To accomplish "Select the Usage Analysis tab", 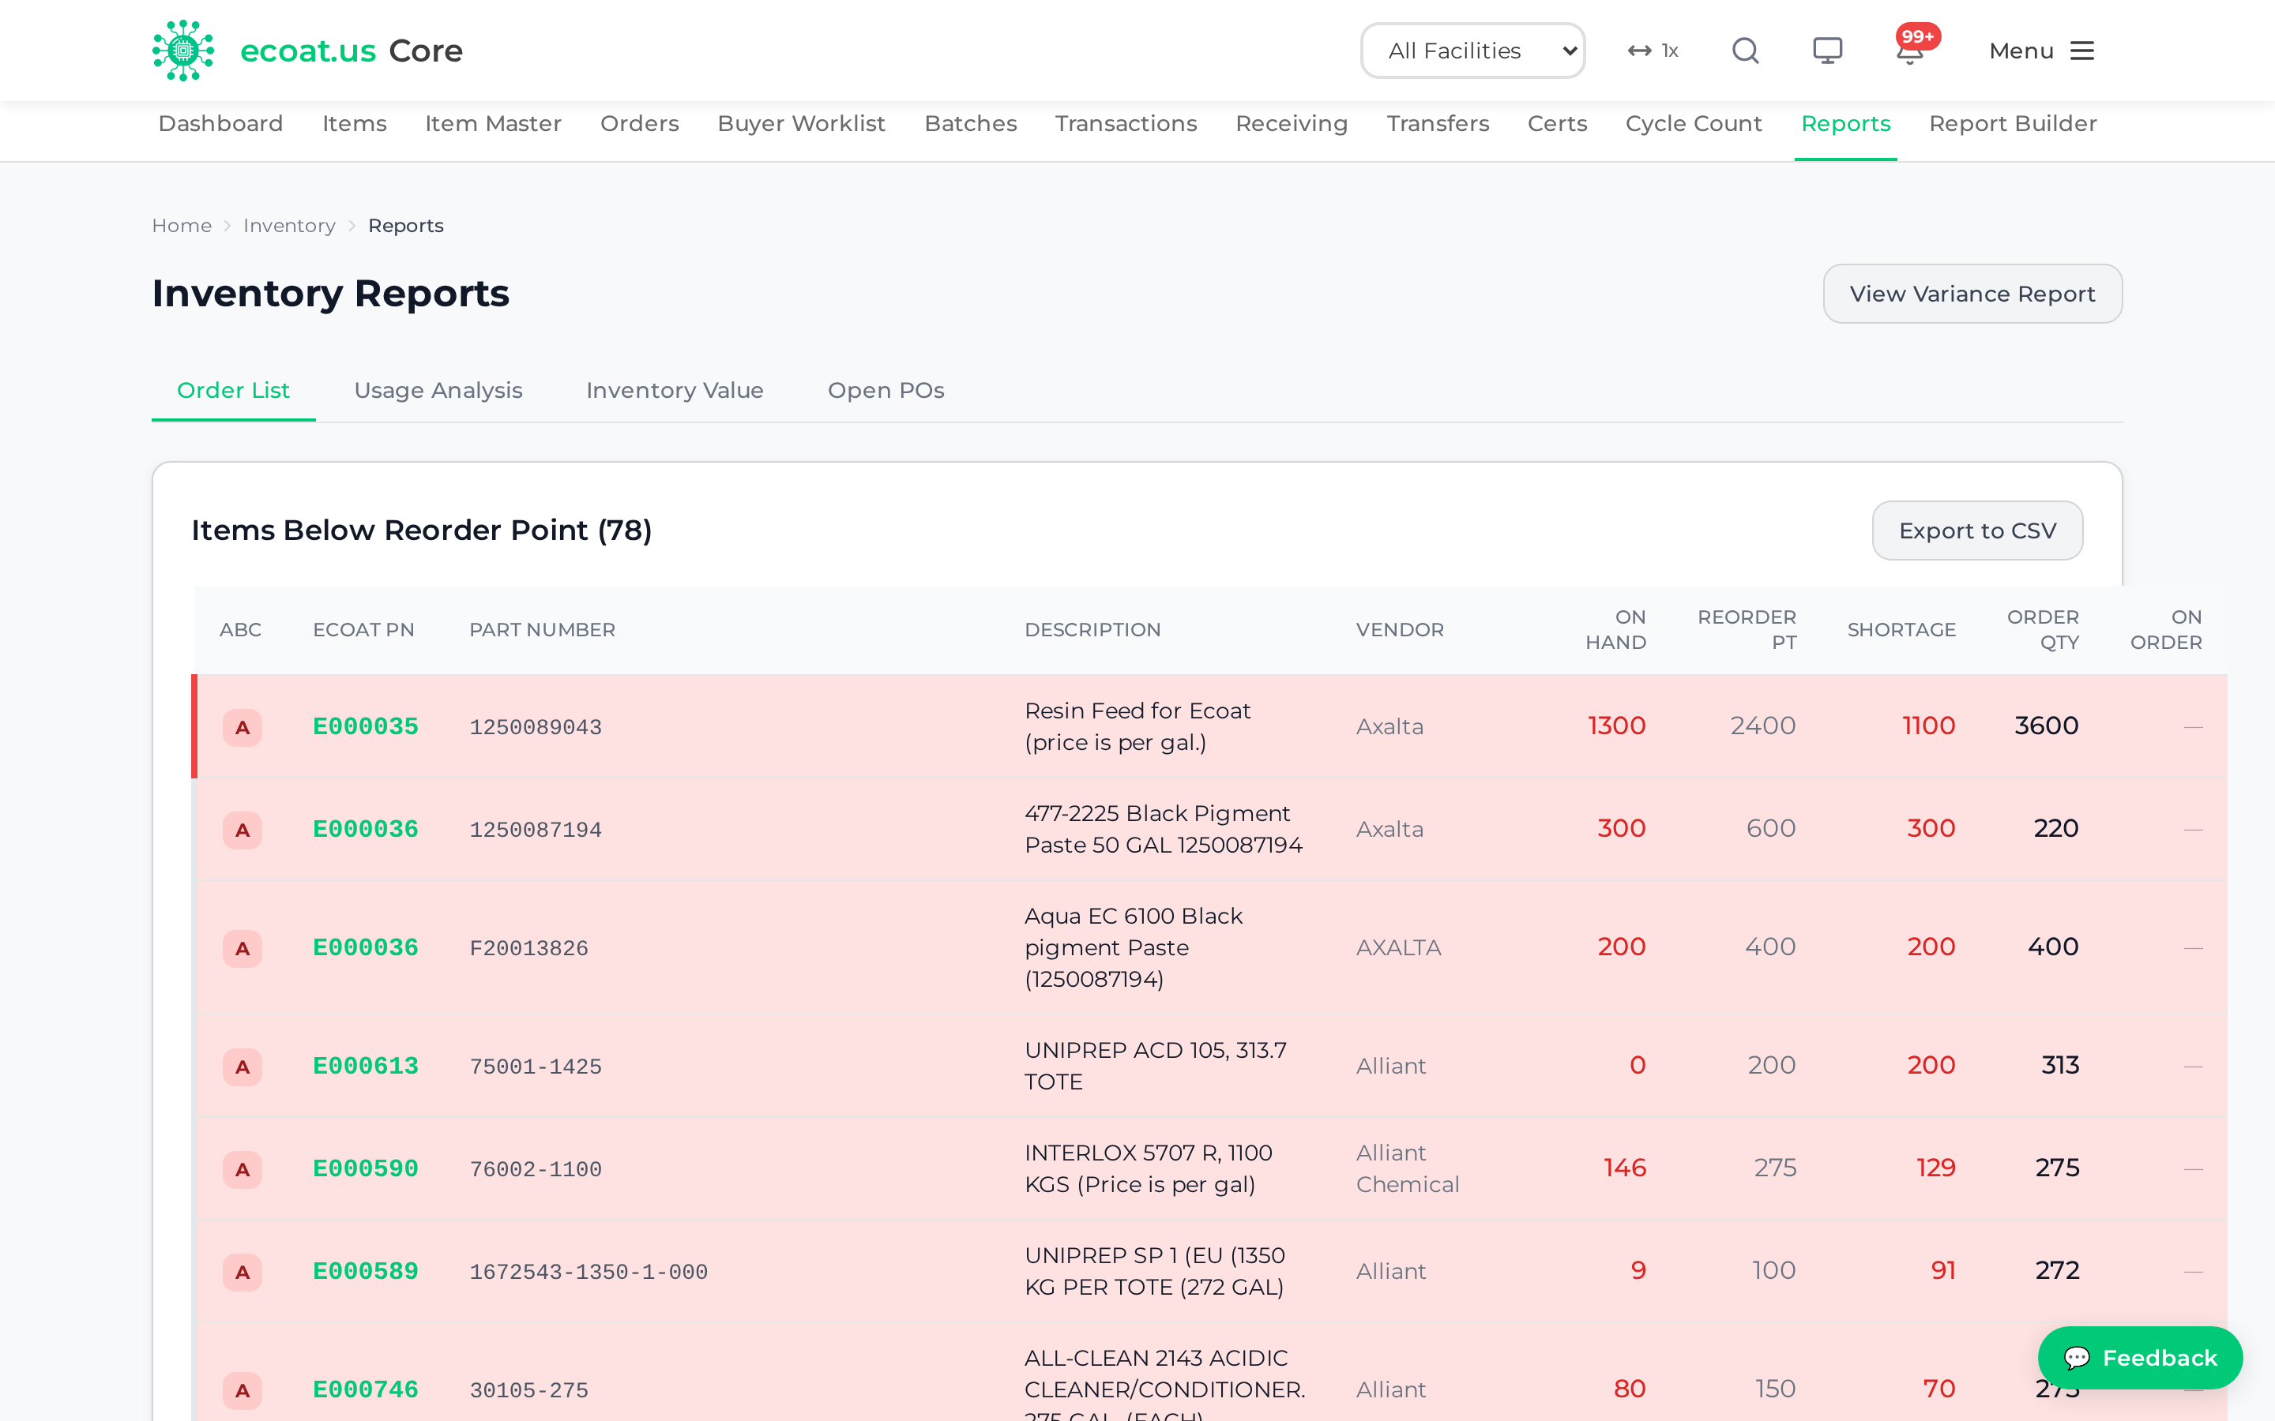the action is click(x=438, y=390).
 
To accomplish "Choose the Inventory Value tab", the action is click(x=675, y=390).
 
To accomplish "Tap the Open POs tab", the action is click(x=886, y=390).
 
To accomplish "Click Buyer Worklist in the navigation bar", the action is click(x=801, y=123).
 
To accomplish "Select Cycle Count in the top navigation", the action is click(x=1693, y=123).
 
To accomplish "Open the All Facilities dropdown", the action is click(x=1472, y=51).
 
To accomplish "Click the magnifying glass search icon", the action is click(x=1746, y=51).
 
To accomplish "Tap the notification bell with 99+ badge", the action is click(x=1910, y=50).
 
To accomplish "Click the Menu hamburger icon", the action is click(x=2082, y=51).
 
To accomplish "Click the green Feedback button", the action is click(x=2140, y=1357).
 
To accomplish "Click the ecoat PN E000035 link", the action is click(x=366, y=725).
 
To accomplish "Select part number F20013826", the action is click(x=529, y=947).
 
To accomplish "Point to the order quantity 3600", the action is click(x=2047, y=725).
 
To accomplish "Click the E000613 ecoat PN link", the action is click(x=366, y=1065).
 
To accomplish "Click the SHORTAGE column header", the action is click(x=1901, y=630).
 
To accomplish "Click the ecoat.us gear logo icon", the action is click(x=183, y=51).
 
